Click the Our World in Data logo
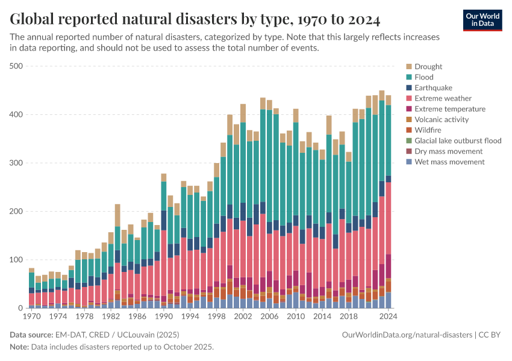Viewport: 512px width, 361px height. (x=482, y=20)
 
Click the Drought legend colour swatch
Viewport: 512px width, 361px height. (x=409, y=67)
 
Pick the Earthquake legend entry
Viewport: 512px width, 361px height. (x=434, y=88)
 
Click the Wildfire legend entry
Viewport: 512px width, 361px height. (x=428, y=130)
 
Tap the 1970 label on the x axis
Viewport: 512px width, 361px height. (x=31, y=316)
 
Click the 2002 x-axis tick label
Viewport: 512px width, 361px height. (x=243, y=316)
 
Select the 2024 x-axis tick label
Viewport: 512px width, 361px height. (x=388, y=316)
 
